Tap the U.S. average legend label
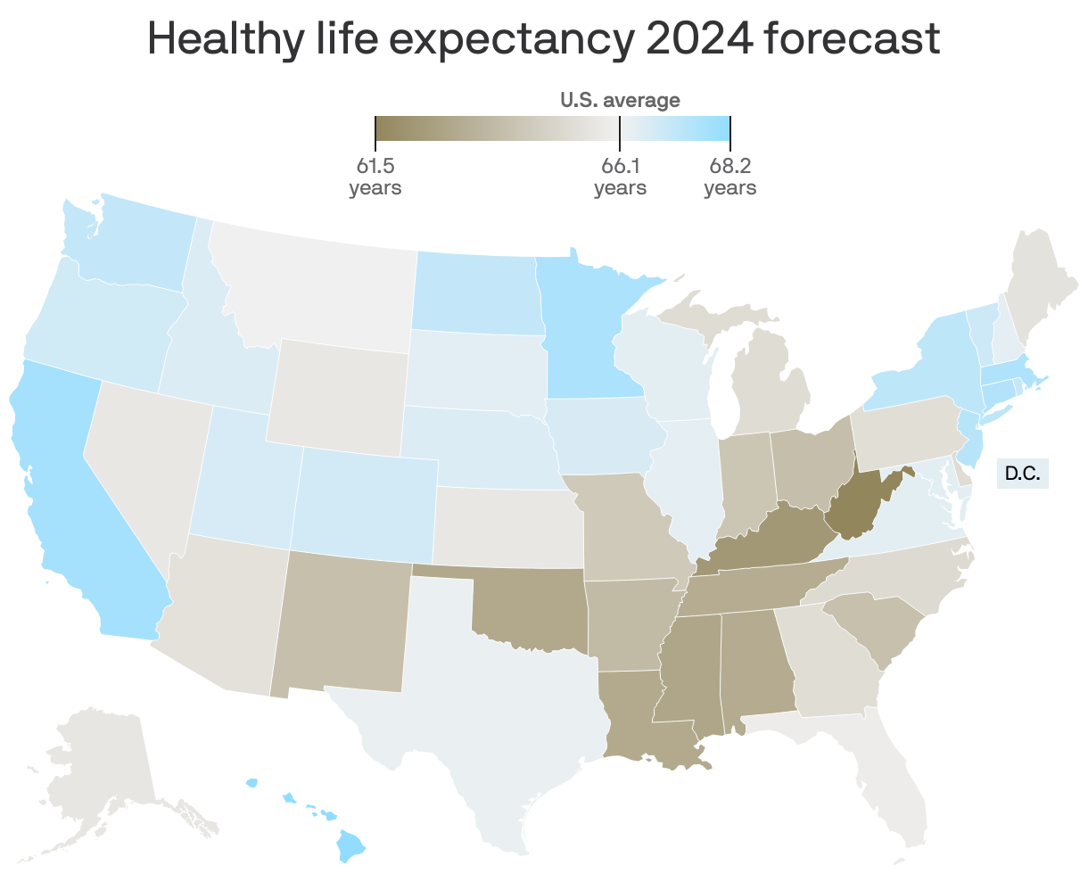[x=620, y=100]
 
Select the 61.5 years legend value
[x=375, y=176]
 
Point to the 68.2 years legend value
[x=729, y=176]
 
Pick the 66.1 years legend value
[x=620, y=176]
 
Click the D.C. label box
[x=1022, y=473]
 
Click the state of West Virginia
[x=852, y=504]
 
